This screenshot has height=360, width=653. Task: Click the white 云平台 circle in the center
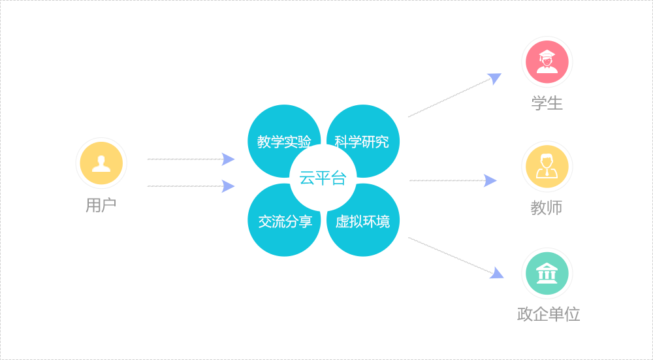point(323,178)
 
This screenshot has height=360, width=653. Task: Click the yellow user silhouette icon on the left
point(101,163)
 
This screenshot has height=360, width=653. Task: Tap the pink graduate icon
point(547,62)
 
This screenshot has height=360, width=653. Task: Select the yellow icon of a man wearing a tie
point(547,167)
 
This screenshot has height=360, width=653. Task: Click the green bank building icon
point(547,273)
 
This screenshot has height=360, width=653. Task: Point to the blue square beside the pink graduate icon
point(494,80)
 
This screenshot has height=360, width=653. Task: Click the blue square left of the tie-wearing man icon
point(490,180)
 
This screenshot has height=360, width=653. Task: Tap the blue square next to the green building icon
point(496,272)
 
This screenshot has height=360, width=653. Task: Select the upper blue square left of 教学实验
point(228,159)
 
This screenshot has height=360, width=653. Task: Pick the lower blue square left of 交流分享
point(228,186)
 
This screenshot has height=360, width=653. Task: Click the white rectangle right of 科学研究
point(449,98)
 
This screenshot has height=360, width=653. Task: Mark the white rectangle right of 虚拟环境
point(449,255)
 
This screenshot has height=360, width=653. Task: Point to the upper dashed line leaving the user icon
point(184,159)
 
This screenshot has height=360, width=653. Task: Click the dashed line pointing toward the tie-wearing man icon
point(447,180)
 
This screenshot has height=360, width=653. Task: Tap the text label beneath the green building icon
point(548,315)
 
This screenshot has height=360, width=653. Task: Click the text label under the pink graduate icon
point(547,103)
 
